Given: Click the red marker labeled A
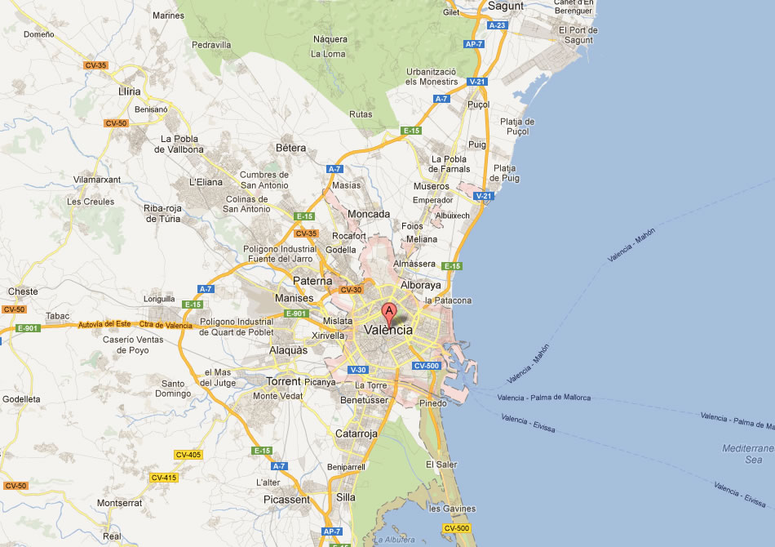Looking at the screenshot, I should click(x=389, y=311).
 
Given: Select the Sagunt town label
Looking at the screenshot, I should click(x=505, y=6).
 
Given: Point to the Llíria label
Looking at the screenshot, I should click(x=129, y=91).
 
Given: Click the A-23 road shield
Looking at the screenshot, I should click(x=498, y=25).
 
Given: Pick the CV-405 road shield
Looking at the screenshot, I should click(x=188, y=454).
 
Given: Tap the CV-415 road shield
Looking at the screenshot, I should click(x=164, y=478).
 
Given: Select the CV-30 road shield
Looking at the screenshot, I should click(x=351, y=289).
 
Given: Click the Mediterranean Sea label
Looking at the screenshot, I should click(x=747, y=454).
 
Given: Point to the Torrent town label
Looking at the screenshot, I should click(x=284, y=381).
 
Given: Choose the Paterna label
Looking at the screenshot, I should click(x=312, y=281).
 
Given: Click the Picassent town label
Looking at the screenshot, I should click(x=286, y=499).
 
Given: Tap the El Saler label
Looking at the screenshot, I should click(x=441, y=465).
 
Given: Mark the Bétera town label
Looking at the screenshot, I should click(x=291, y=148).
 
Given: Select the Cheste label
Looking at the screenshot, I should click(x=23, y=291).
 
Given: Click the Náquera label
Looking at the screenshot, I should click(x=330, y=38).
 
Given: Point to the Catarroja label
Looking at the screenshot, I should click(x=356, y=434).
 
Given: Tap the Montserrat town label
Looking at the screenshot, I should click(x=120, y=503).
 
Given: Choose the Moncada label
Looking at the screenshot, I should click(x=369, y=214).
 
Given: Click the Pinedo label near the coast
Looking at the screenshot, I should click(x=432, y=403).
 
